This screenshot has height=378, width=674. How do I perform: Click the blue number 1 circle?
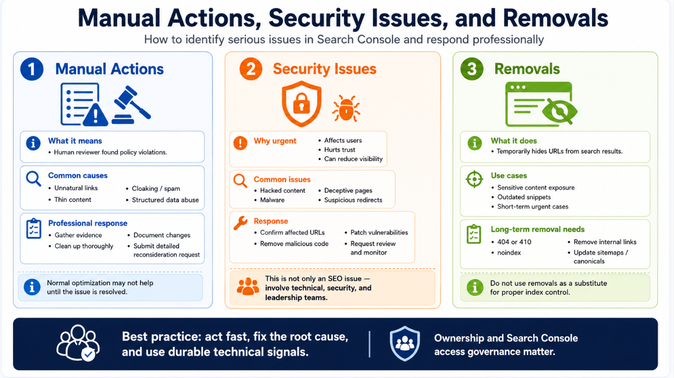point(32,69)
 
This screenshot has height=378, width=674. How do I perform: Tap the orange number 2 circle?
point(251,69)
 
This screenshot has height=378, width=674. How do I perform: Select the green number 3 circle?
point(472,69)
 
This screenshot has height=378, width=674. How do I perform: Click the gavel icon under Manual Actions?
point(131,105)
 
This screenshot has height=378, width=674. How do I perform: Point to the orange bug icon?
point(346,108)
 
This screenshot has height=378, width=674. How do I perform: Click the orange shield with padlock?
point(302,104)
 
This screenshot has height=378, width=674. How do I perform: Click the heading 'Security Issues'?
point(325,69)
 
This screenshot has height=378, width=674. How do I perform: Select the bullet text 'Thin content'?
point(73,200)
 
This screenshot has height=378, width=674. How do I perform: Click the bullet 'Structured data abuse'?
point(165,200)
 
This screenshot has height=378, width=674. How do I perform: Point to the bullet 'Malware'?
point(272,200)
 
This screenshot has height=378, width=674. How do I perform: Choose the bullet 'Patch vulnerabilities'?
point(379,232)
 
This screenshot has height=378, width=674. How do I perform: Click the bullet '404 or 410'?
point(514,242)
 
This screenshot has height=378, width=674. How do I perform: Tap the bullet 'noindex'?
point(509,252)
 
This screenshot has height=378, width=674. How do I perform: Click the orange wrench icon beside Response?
point(240,223)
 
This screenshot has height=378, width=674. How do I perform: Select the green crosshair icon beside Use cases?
point(474,179)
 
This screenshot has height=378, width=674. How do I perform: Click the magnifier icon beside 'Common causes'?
point(34,179)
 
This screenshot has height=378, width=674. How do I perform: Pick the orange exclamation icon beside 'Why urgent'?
point(240,143)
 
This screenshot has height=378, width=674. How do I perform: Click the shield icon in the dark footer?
point(405,343)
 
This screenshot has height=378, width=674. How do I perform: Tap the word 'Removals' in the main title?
point(555,18)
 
